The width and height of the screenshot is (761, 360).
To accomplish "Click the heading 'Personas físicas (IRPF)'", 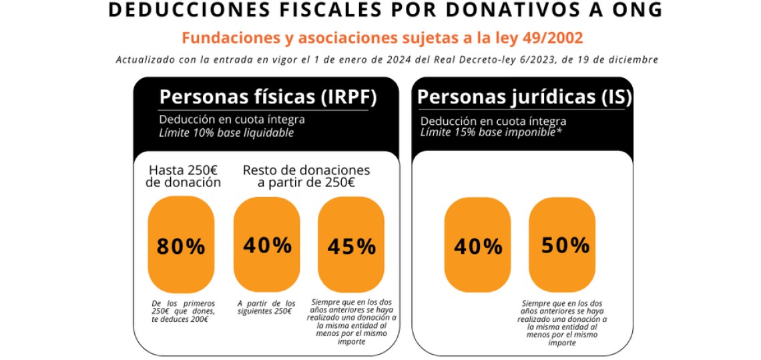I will pyautogui.click(x=268, y=98).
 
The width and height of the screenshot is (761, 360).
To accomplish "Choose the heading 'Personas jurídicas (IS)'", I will pyautogui.click(x=524, y=98).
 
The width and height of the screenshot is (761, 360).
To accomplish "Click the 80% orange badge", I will pyautogui.click(x=181, y=246).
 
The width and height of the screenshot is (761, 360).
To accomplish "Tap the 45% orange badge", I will pyautogui.click(x=351, y=246).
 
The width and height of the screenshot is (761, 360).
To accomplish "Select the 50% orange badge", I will pyautogui.click(x=565, y=245).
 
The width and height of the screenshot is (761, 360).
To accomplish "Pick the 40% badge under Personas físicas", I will pyautogui.click(x=267, y=245).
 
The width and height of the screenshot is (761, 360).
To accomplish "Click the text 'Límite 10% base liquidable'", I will pyautogui.click(x=226, y=133).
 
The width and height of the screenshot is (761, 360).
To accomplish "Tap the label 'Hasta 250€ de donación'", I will pyautogui.click(x=183, y=176).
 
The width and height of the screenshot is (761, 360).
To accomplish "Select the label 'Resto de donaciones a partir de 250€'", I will pyautogui.click(x=306, y=176).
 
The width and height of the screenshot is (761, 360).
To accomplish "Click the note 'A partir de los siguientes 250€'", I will pyautogui.click(x=266, y=308).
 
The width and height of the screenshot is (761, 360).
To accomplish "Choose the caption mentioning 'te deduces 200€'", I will pyautogui.click(x=183, y=311).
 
